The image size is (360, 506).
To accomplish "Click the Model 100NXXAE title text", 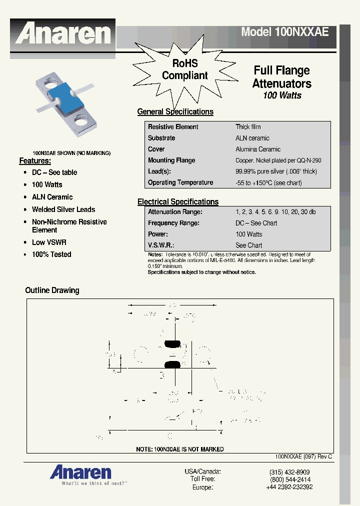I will click(x=284, y=32).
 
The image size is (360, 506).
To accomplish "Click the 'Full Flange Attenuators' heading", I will click(x=281, y=77).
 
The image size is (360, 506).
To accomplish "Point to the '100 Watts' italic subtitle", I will click(x=282, y=95).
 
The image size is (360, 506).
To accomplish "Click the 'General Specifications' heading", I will click(x=175, y=112).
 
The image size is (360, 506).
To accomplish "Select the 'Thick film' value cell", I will click(x=248, y=127).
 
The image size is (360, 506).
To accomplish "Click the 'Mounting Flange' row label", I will click(x=171, y=160).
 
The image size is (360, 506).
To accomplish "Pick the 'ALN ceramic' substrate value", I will click(x=252, y=138).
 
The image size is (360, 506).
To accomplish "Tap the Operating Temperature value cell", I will click(x=268, y=183).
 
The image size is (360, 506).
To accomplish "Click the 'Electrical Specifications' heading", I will click(x=177, y=202).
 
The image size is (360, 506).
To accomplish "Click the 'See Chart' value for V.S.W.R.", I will click(x=248, y=245).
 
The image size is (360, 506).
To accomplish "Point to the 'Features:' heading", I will click(x=35, y=161).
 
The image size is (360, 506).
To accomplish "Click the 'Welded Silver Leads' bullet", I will click(x=63, y=209).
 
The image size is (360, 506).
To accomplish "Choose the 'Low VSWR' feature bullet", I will click(x=49, y=242).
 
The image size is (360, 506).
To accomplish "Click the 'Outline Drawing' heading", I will click(x=52, y=290).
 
